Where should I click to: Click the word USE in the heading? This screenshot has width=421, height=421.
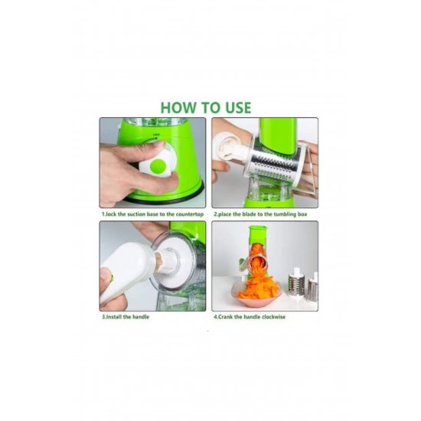point(238,108)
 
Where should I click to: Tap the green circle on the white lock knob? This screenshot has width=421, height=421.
point(158,166)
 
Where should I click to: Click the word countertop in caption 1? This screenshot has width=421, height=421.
point(189,214)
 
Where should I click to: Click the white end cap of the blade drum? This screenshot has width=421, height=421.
point(227,145)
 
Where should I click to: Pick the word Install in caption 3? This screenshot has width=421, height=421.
point(113,317)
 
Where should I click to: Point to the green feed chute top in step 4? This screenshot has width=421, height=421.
point(258,230)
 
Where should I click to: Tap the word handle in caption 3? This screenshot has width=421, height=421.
point(140,317)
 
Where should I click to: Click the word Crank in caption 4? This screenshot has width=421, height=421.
point(225,317)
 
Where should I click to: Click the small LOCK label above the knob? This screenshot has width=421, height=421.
point(156,135)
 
